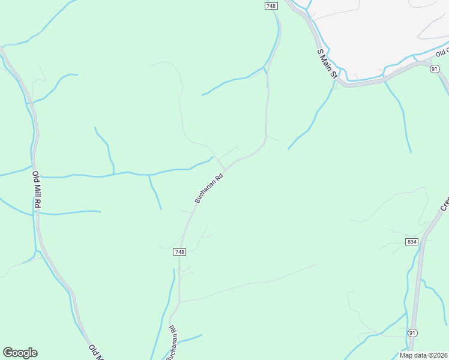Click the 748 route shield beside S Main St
point(270,5)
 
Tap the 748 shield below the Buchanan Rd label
point(179,251)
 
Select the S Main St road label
point(328,64)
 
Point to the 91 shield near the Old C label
point(435,70)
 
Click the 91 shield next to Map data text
point(412,332)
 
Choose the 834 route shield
point(411,241)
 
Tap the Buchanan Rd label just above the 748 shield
point(209,188)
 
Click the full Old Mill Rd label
point(36,190)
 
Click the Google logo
point(20,353)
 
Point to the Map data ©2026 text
point(423,355)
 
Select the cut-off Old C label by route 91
point(442,53)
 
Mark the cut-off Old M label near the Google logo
point(94,352)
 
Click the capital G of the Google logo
point(8,353)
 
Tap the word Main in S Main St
point(328,63)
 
